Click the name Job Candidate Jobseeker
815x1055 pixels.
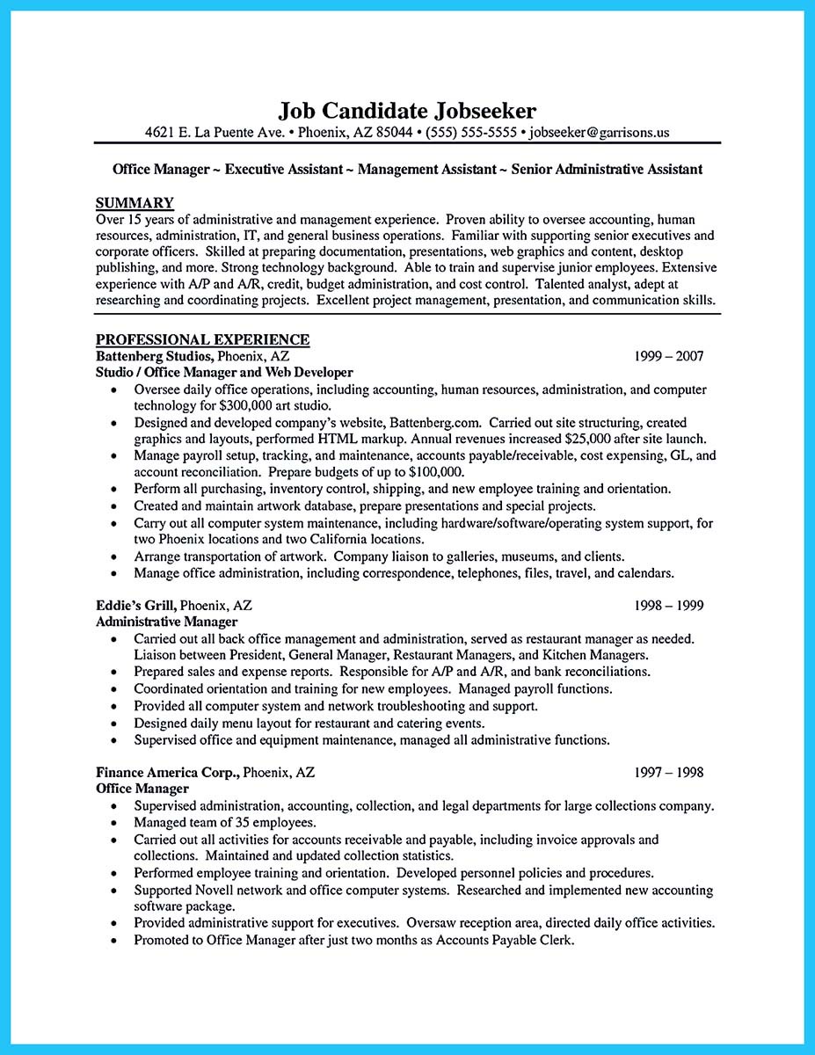[407, 111]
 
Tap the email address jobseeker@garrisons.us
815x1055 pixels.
[600, 133]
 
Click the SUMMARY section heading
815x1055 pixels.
[135, 202]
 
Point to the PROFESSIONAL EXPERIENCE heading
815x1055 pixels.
[202, 339]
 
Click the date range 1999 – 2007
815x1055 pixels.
[668, 356]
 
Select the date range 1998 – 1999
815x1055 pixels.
[668, 606]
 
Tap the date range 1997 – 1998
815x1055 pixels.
[668, 773]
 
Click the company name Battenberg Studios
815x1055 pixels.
[153, 356]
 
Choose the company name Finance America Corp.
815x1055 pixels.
[167, 773]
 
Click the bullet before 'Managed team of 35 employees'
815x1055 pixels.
[114, 823]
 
